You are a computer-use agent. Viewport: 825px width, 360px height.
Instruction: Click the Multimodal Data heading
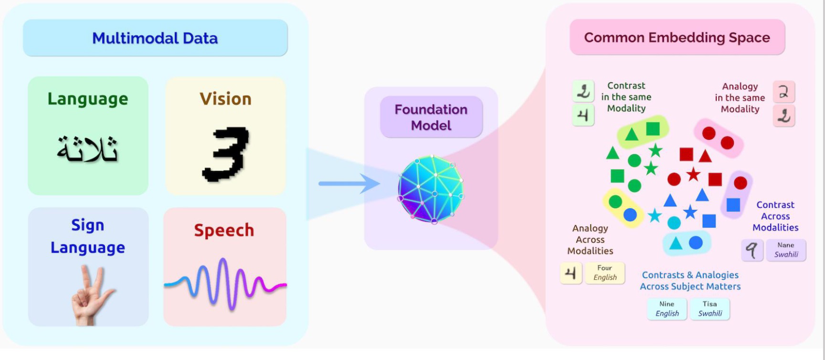point(155,38)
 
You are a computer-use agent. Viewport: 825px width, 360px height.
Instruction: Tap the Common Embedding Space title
point(677,37)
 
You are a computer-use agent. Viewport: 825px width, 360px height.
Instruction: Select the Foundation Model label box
point(431,117)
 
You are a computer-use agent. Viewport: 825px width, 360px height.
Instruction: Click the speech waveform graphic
point(225,284)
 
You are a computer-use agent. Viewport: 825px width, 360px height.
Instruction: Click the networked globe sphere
point(431,189)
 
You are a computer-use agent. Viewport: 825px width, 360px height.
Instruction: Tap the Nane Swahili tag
point(786,250)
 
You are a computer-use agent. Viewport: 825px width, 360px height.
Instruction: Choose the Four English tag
point(605,273)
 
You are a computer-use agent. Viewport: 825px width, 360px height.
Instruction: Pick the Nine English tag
point(667,308)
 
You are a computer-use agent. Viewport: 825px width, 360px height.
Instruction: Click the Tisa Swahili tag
point(710,308)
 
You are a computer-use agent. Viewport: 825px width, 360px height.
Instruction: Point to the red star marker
point(693,174)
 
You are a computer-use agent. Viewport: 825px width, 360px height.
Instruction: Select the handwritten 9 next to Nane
point(752,250)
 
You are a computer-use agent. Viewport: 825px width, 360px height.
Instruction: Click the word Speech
point(224,230)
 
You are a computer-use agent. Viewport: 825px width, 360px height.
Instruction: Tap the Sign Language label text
point(88,236)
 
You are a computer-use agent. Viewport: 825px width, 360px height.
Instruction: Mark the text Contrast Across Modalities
point(775,216)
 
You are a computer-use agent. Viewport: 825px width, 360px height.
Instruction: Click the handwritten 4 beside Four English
point(571,273)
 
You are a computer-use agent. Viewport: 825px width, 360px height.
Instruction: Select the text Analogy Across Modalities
point(590,240)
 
